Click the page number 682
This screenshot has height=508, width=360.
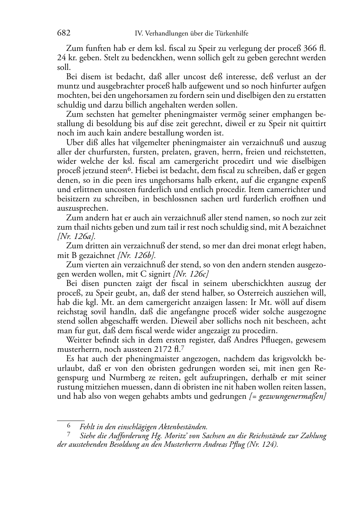[63, 33]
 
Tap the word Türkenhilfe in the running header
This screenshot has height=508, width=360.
[232, 34]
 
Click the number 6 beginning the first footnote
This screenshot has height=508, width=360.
[68, 426]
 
